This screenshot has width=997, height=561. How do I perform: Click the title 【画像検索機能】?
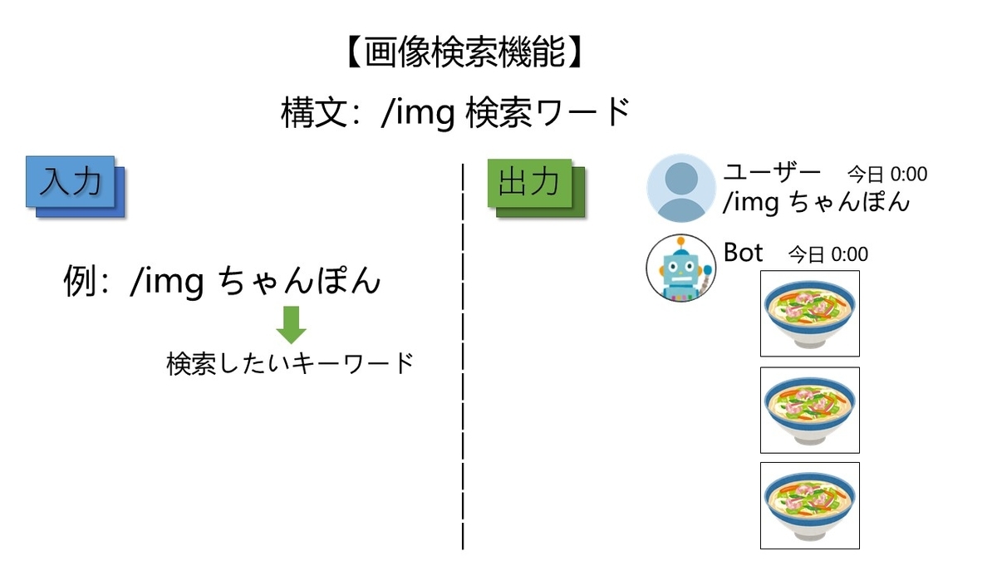[464, 52]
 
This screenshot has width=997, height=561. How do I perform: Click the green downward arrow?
[291, 325]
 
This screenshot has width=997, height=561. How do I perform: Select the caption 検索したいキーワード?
[290, 364]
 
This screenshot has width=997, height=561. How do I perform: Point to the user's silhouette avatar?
[681, 188]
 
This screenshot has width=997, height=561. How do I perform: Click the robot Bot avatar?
[681, 268]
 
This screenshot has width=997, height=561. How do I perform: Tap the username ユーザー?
[772, 172]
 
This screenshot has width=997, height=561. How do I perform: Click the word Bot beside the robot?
[743, 253]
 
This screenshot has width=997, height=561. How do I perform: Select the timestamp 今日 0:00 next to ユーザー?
[887, 174]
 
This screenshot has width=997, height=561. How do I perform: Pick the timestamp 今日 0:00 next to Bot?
[828, 254]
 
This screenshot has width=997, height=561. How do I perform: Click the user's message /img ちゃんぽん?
[816, 202]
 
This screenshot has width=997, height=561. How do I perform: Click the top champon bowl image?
[809, 313]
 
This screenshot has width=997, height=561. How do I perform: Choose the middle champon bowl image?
[809, 410]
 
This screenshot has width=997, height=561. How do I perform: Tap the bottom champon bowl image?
[809, 506]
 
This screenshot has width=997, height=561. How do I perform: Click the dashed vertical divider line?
[463, 357]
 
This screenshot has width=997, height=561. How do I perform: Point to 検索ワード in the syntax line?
[548, 113]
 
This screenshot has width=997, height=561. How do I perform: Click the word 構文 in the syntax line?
[314, 113]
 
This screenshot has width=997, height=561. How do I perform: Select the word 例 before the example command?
[80, 281]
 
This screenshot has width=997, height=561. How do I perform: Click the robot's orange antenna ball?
[681, 242]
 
